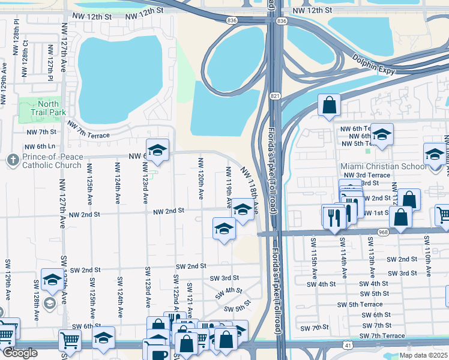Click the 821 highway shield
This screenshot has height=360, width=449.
coord(274,95)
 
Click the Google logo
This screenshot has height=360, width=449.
coord(20,353)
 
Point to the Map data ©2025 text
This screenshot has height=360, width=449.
coord(423,355)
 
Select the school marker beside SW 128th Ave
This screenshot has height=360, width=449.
coord(52,280)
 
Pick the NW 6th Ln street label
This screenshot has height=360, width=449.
coord(40,146)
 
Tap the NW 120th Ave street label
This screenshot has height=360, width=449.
coord(200,179)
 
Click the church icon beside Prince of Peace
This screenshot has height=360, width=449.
coord(12,160)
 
